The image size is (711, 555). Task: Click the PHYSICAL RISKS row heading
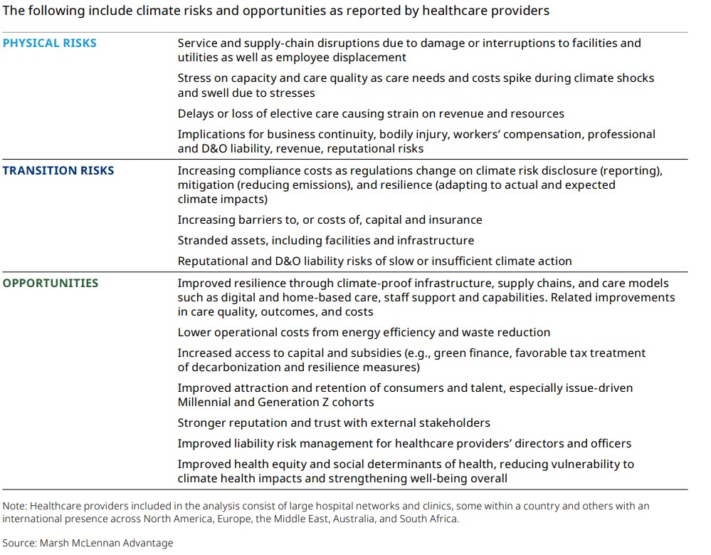point(49,43)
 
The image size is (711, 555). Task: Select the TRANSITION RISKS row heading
point(58,170)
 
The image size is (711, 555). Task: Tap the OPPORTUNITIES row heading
point(51,283)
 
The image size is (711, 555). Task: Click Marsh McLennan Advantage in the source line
point(107,543)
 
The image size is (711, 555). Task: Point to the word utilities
point(198,57)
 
